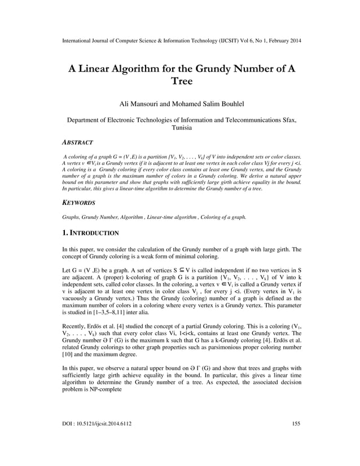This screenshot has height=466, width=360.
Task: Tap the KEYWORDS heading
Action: pyautogui.click(x=78, y=202)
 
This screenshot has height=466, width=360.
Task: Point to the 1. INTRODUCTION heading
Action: pyautogui.click(x=90, y=232)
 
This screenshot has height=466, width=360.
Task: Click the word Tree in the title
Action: pyautogui.click(x=181, y=81)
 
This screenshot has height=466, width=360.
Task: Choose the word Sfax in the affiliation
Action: pyautogui.click(x=286, y=120)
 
